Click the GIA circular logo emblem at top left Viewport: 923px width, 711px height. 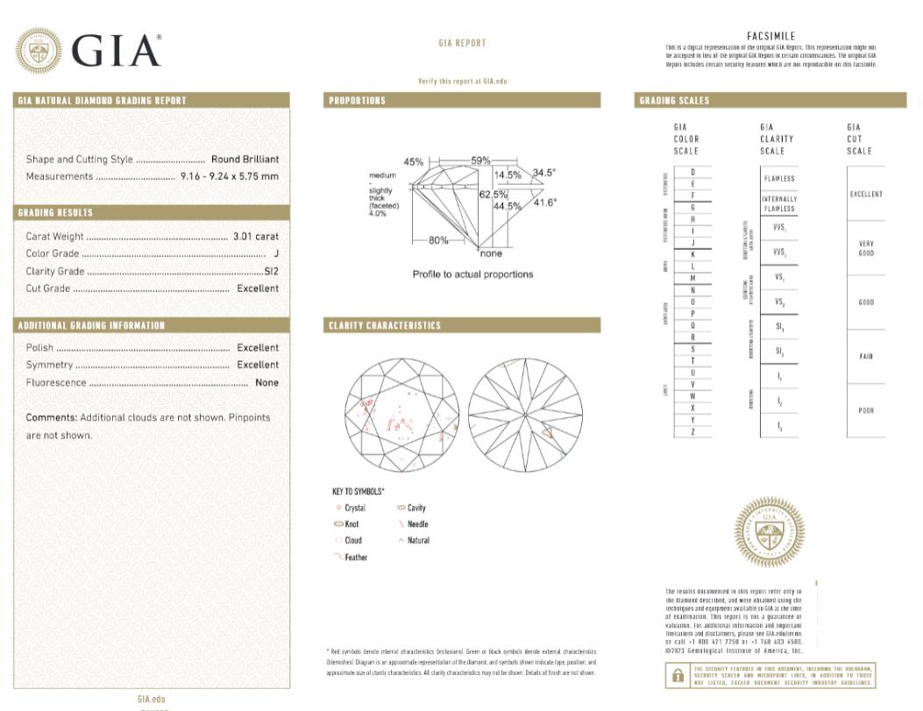[x=39, y=51]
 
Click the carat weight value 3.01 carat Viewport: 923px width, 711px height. [x=255, y=237]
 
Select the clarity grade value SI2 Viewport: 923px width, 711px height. [x=271, y=271]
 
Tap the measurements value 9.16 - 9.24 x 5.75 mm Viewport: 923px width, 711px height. [x=229, y=176]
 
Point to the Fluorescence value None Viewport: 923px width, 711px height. [x=266, y=382]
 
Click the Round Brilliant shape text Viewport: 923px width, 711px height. [x=245, y=160]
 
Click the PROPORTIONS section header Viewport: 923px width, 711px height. [x=357, y=101]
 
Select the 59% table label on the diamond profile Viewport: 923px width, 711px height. [x=480, y=161]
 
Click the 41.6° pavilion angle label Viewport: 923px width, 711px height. [x=544, y=203]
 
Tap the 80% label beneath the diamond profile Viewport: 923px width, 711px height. [x=438, y=240]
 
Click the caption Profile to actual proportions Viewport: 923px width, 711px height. [x=472, y=274]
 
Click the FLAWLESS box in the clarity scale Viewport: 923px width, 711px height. [x=778, y=179]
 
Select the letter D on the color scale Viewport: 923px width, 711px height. [x=692, y=172]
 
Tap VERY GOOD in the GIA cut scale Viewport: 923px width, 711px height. [x=866, y=249]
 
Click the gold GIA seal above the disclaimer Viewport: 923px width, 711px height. [x=768, y=531]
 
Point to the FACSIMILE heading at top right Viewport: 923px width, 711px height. [x=771, y=37]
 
